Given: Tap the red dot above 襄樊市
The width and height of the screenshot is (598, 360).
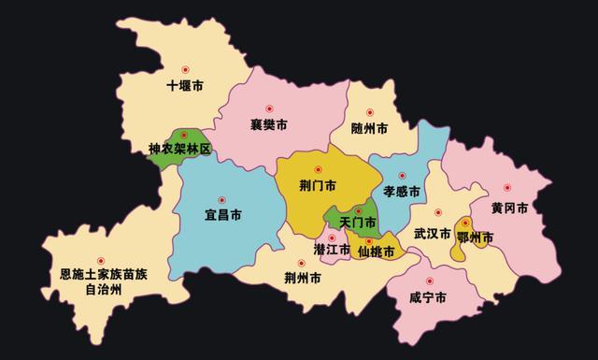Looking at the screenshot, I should point(269,108).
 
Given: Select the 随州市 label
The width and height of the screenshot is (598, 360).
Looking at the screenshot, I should point(370,129).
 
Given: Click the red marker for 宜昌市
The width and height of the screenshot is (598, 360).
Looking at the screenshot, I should point(222,199).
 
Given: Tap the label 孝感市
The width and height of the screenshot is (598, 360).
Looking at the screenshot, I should point(402,191).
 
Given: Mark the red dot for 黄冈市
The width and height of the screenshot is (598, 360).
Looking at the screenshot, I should point(508,187).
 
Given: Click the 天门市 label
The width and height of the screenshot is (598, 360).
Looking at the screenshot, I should point(358,223).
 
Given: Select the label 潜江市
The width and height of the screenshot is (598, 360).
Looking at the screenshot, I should point(332,250).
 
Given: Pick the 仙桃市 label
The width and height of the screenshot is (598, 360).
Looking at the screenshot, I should point(375,252).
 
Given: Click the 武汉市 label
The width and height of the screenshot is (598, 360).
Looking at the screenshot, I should point(433,233).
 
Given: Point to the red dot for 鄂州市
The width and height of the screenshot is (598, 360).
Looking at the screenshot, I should point(465,223).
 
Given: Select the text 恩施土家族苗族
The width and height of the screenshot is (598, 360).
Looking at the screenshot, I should point(104,275).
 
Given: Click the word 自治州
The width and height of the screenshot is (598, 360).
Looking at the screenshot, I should point(104,290).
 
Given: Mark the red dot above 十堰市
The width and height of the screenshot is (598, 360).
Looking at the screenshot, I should point(185,69).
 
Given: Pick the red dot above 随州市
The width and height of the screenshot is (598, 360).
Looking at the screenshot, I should point(370,112).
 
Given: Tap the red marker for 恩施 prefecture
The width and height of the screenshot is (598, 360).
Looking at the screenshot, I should point(102,261).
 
